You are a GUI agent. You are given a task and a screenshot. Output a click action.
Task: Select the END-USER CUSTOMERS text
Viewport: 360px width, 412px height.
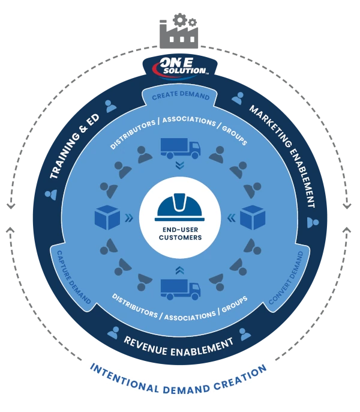(180, 232)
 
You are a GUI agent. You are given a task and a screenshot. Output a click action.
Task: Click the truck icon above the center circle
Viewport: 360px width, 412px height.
(180, 148)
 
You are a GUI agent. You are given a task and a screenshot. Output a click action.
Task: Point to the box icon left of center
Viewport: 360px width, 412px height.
(107, 217)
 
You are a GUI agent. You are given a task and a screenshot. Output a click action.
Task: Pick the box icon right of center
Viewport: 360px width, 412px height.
(253, 217)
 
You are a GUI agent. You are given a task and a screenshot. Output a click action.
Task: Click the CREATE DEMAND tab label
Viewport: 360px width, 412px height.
(181, 96)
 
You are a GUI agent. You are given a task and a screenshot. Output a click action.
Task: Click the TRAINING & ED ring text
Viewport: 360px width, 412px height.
(74, 148)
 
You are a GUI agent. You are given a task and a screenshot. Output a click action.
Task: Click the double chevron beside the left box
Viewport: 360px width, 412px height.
(128, 218)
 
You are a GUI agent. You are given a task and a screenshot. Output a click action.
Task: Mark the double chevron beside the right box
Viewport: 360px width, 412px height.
(232, 218)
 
